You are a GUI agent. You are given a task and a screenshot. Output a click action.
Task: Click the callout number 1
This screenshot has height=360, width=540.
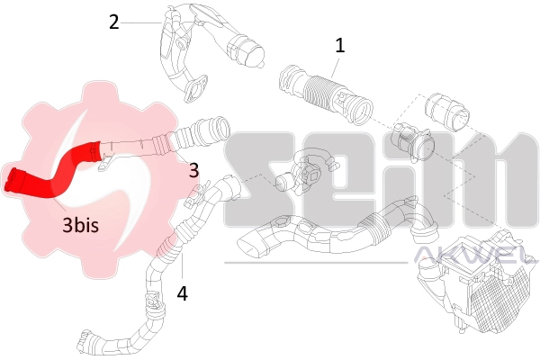pyautogui.click(x=339, y=43)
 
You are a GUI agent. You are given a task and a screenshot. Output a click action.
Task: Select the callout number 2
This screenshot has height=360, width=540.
pyautogui.click(x=113, y=22)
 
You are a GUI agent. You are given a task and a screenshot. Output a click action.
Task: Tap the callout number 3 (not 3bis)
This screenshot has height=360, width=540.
pyautogui.click(x=193, y=168)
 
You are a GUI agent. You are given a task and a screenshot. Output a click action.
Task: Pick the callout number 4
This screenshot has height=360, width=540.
pyautogui.click(x=182, y=292)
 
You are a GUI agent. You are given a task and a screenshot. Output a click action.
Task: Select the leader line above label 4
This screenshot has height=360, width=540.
pyautogui.click(x=182, y=268)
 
